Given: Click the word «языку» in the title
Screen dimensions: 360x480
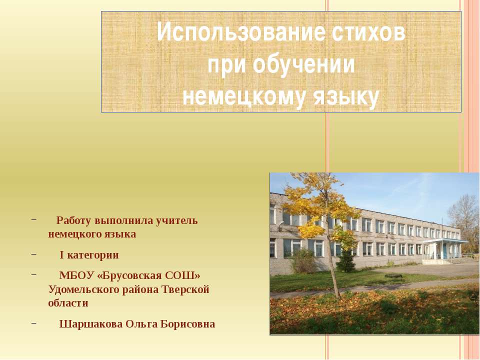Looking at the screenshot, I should tap(346, 96).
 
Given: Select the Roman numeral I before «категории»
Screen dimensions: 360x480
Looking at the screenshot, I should tap(61, 255).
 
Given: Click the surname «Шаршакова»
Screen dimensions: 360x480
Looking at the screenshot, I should tap(90, 324).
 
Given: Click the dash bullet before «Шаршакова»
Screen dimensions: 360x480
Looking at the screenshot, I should tap(33, 323).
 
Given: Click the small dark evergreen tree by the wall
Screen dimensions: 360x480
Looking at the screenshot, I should tap(345, 259).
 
